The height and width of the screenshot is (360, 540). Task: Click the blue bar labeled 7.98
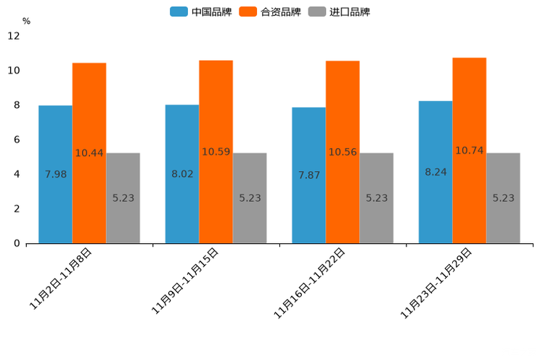(55, 174)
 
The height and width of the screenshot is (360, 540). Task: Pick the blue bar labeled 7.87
(308, 175)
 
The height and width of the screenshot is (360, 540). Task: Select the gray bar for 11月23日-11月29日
(503, 197)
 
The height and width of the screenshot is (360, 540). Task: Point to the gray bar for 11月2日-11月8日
(123, 197)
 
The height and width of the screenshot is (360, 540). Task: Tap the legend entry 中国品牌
(201, 12)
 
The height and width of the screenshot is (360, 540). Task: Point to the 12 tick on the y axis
(14, 36)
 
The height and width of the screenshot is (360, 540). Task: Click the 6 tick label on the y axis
(17, 139)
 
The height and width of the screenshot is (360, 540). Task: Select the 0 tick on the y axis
(17, 243)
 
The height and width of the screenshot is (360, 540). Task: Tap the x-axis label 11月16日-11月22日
(310, 283)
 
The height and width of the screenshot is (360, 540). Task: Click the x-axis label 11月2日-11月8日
(61, 279)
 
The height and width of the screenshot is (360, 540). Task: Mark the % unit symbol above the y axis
(26, 21)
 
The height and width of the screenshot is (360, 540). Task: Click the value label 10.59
(216, 152)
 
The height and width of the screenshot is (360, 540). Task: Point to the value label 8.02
(182, 174)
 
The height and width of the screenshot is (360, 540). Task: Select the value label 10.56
(343, 152)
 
